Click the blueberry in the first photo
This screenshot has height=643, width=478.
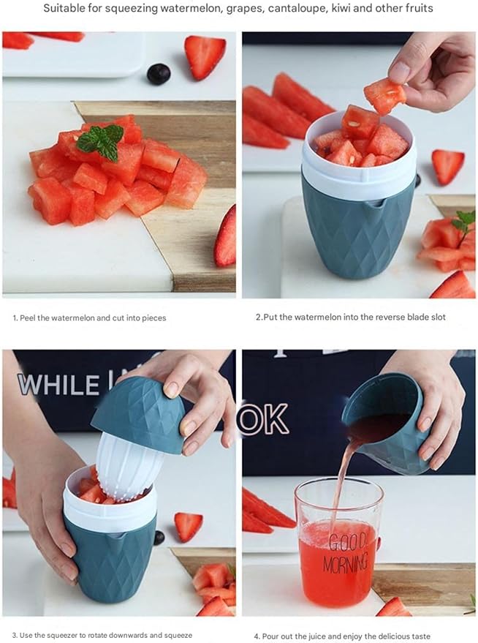(x=158, y=73)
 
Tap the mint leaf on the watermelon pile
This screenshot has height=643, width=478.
(x=102, y=141)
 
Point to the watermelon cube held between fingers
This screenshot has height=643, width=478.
(x=384, y=95)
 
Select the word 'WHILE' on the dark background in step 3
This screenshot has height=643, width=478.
(x=58, y=384)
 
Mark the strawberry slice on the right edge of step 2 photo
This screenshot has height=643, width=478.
(x=447, y=166)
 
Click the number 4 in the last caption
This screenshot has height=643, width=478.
(x=257, y=636)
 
